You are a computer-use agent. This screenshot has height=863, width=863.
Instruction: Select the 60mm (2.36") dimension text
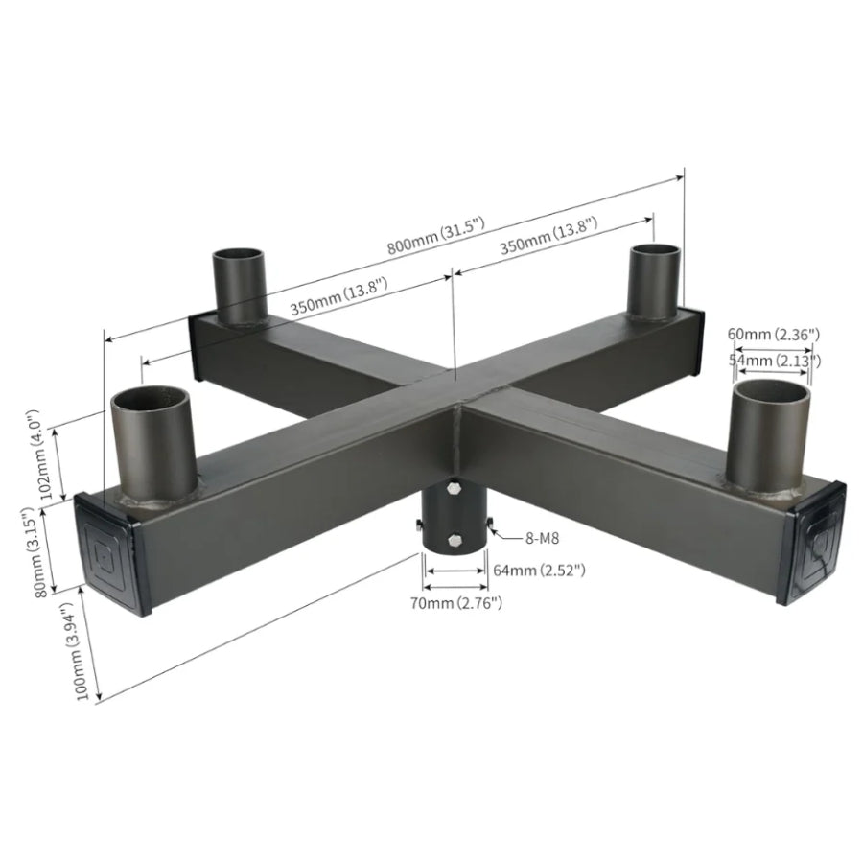coord(773,335)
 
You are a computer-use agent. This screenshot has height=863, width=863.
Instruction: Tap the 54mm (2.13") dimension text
coord(773,360)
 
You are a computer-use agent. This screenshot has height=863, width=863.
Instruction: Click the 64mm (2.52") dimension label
coord(540,571)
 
